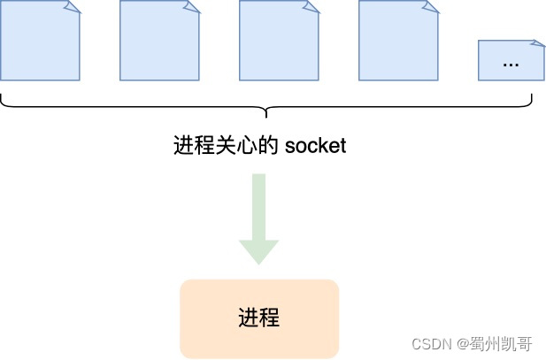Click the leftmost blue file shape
click(x=40, y=41)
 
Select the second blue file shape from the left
click(x=159, y=41)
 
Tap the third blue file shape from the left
click(x=279, y=41)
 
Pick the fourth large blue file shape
click(x=398, y=41)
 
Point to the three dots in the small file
click(x=511, y=65)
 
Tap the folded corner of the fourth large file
click(x=431, y=7)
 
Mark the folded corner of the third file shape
click(x=311, y=7)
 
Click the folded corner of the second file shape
click(x=192, y=7)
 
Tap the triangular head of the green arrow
click(x=258, y=252)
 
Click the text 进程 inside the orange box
click(x=258, y=318)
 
